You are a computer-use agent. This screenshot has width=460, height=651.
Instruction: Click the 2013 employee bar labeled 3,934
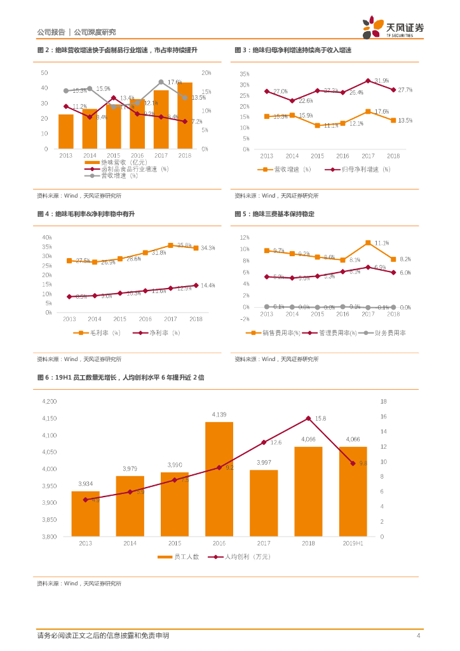pos(85,513)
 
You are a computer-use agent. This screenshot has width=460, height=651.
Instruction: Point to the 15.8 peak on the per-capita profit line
pos(308,418)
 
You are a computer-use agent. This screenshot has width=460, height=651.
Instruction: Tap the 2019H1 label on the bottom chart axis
pos(353,544)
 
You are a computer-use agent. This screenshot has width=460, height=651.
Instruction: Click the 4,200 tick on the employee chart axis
pos(49,401)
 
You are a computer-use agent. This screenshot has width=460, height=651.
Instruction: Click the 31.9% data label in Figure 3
pos(381,81)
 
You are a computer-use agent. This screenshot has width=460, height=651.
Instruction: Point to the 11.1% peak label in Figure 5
pos(381,243)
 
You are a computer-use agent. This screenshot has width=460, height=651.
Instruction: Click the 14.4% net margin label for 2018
pos(208,285)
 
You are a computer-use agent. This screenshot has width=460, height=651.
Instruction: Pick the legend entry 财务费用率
pos(386,332)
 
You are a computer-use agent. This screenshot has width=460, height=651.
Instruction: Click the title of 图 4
pos(86,214)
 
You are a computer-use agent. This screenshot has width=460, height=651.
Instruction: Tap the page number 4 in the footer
pos(418,636)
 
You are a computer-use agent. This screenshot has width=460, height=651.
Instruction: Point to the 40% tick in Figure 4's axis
pos(47,237)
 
